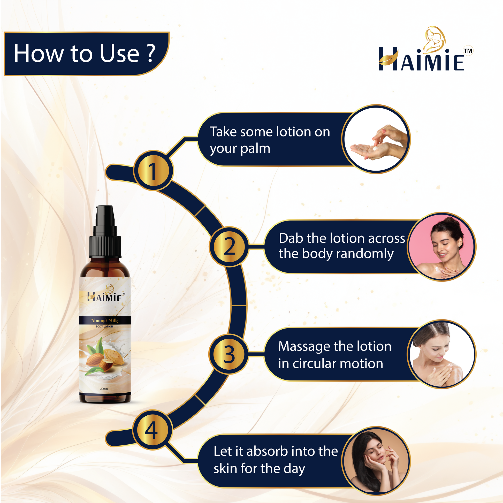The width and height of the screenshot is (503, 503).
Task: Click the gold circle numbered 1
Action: pyautogui.click(x=153, y=171)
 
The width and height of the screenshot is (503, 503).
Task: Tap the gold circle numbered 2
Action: pyautogui.click(x=229, y=246)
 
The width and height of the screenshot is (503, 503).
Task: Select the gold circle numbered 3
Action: pyautogui.click(x=229, y=354)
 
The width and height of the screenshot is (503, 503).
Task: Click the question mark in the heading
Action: pyautogui.click(x=151, y=53)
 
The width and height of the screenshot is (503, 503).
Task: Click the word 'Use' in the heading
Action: pyautogui.click(x=120, y=53)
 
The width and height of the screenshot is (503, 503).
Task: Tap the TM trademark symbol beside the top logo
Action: pyautogui.click(x=468, y=51)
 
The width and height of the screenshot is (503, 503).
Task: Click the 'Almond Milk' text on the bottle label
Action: pyautogui.click(x=104, y=321)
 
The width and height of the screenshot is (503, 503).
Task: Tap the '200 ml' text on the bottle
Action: pyautogui.click(x=104, y=389)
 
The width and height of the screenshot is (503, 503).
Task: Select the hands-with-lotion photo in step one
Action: pyautogui.click(x=376, y=139)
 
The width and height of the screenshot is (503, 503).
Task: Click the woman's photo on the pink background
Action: pyautogui.click(x=441, y=247)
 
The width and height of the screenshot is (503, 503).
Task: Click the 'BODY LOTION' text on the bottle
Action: pyautogui.click(x=104, y=326)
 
